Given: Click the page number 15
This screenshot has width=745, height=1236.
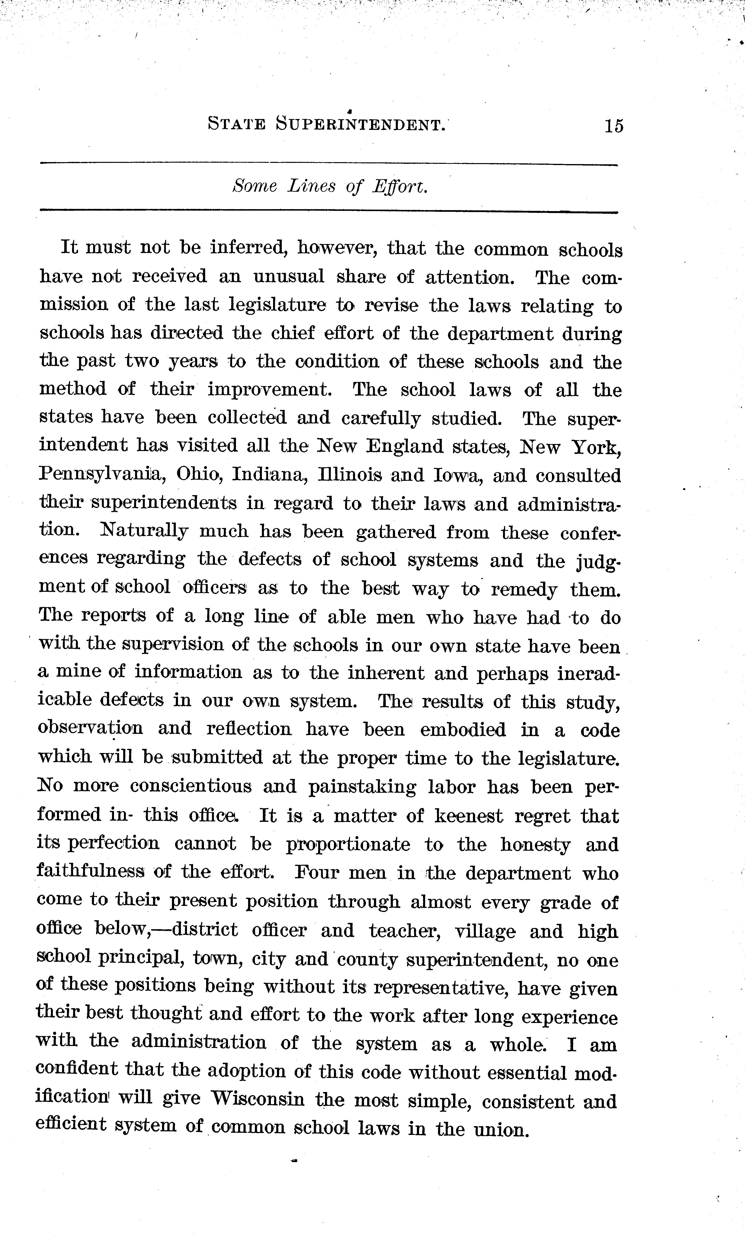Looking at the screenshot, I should (x=614, y=125).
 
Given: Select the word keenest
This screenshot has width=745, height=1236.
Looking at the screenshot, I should (x=468, y=815).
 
